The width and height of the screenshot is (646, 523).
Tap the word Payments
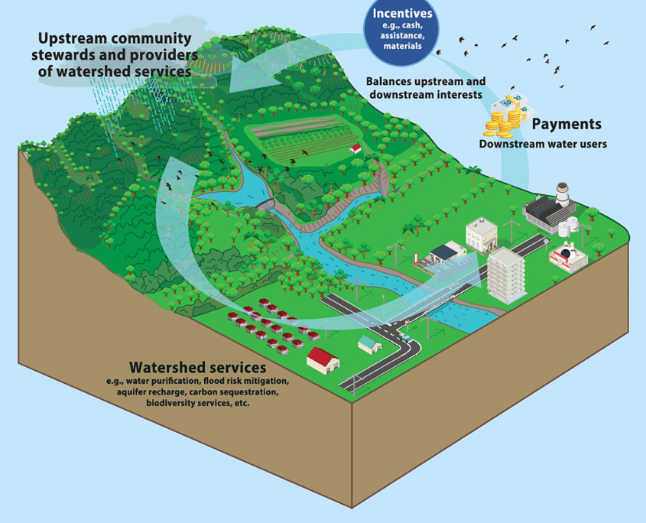click(x=566, y=124)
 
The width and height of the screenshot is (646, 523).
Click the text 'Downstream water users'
click(x=543, y=144)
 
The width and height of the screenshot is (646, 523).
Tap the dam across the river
click(x=265, y=205)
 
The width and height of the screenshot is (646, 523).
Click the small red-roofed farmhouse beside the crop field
click(x=355, y=148)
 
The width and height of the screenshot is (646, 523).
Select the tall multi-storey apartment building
click(x=505, y=273)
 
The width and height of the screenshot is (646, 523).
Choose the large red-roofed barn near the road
click(x=323, y=358)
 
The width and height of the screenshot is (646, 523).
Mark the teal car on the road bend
click(x=406, y=337)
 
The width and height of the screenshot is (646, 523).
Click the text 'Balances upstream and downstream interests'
click(x=425, y=88)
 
